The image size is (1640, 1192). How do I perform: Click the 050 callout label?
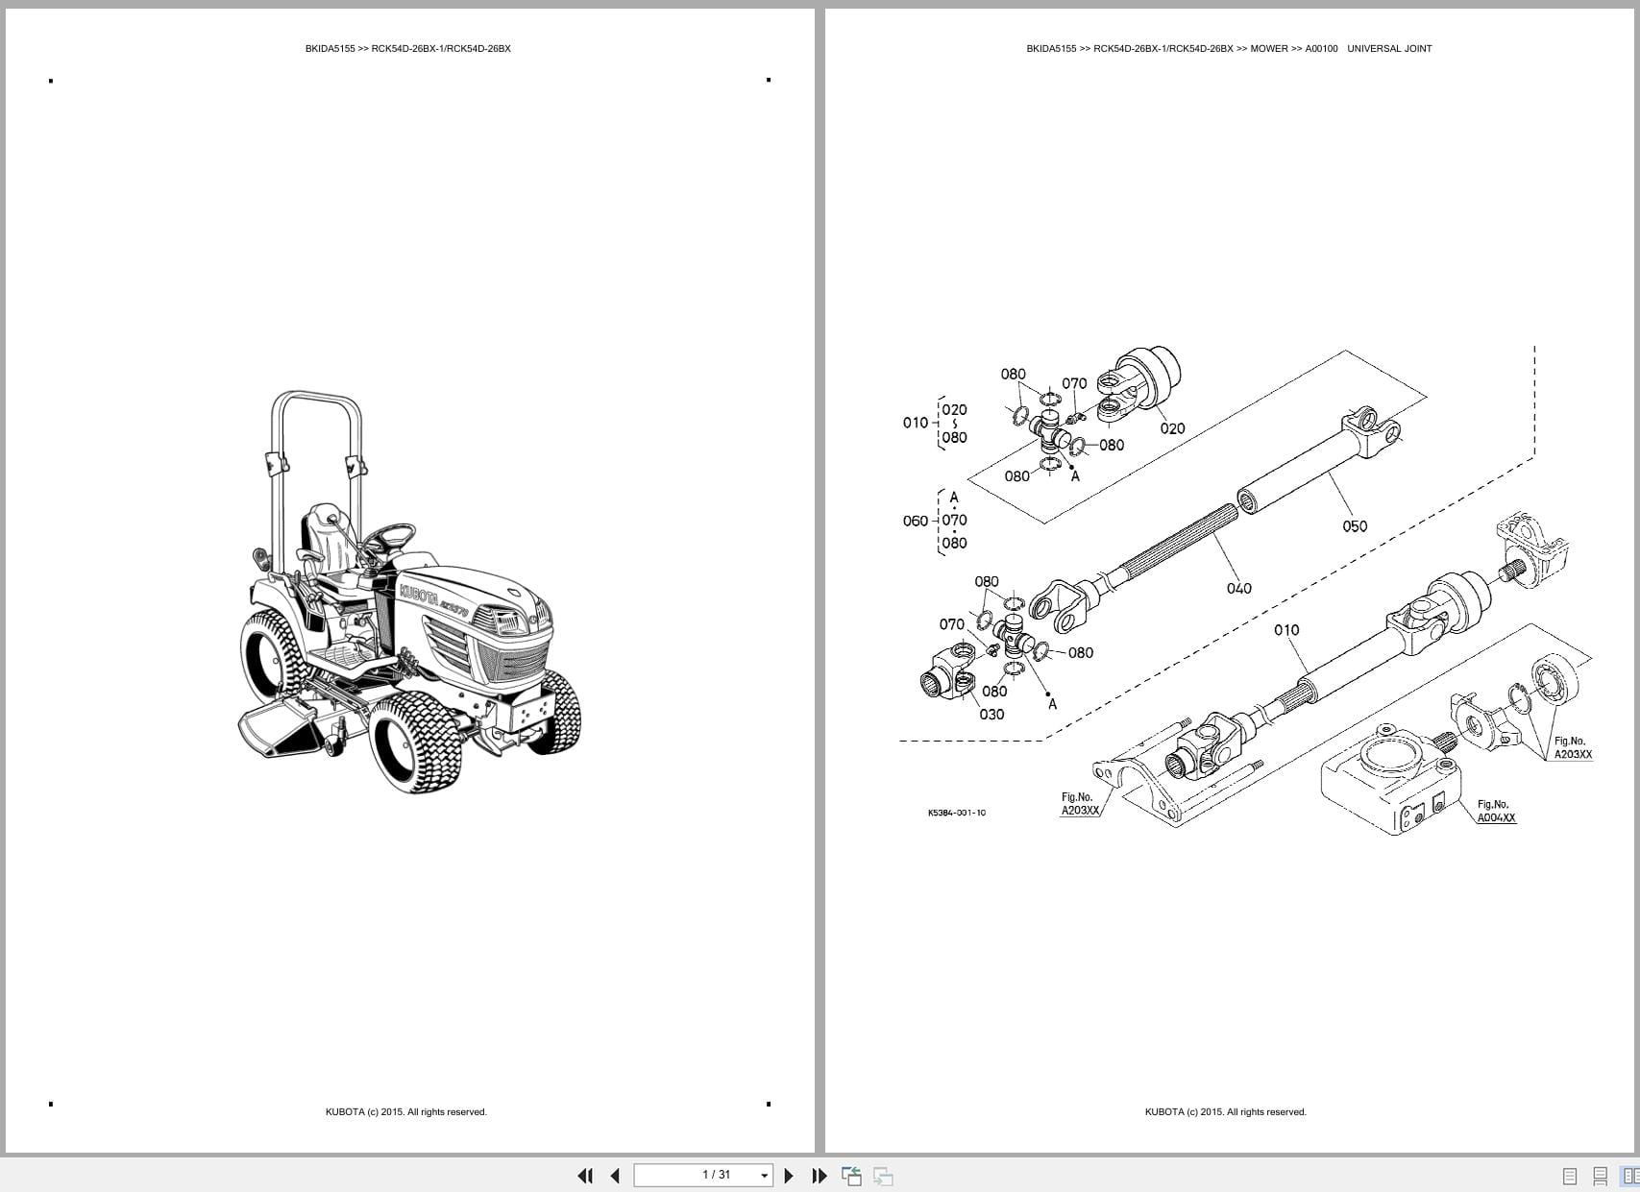click(1354, 526)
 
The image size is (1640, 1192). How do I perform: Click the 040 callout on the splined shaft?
click(1238, 588)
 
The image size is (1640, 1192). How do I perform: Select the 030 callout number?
click(991, 714)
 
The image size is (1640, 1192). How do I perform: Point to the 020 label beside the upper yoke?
click(1172, 428)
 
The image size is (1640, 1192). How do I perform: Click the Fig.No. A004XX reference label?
click(1496, 812)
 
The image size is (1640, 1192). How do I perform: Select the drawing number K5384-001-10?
click(956, 813)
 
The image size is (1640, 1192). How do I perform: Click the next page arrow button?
click(789, 1175)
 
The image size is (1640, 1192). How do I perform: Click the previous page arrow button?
click(615, 1175)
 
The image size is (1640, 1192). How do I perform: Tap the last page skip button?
click(819, 1175)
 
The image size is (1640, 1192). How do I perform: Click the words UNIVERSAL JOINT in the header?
click(1389, 48)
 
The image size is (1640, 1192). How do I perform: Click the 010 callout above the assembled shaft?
click(1285, 630)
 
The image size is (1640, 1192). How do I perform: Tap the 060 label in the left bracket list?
click(915, 521)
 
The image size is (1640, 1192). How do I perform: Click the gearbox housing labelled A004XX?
click(1383, 778)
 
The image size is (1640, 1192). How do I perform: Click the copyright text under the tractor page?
click(405, 1112)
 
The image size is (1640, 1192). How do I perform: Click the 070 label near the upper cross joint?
click(1074, 383)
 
